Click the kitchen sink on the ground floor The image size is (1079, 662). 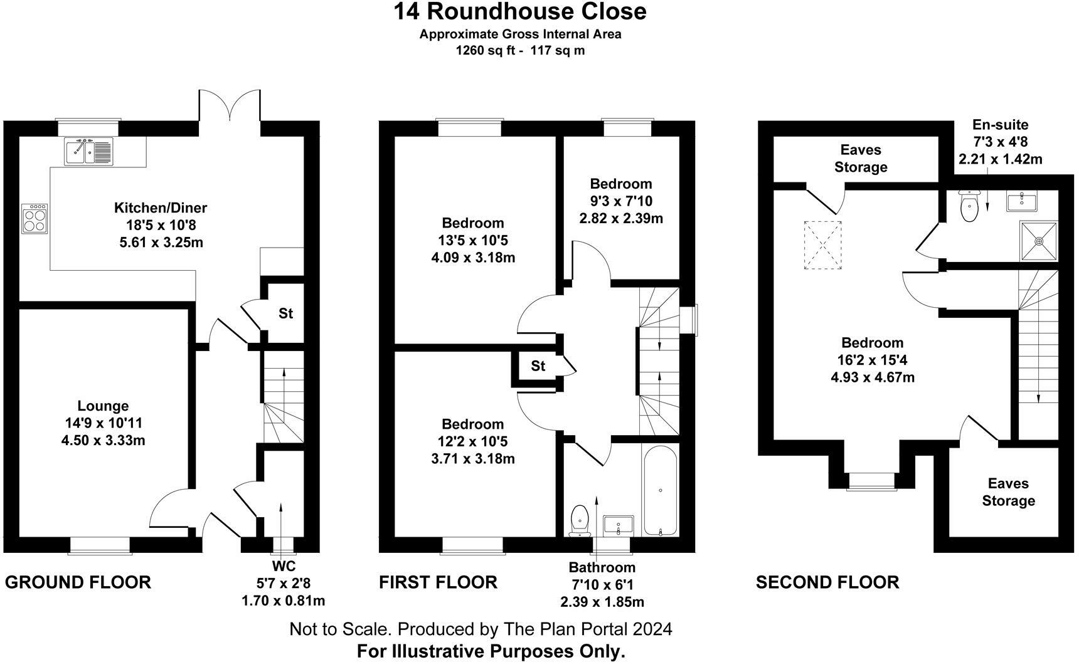pyautogui.click(x=88, y=151)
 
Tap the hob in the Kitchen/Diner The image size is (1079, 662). pyautogui.click(x=35, y=218)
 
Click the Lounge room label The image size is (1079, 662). pyautogui.click(x=103, y=406)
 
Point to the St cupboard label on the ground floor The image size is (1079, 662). pyautogui.click(x=285, y=313)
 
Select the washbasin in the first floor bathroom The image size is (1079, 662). pyautogui.click(x=619, y=525)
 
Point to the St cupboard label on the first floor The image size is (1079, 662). pyautogui.click(x=538, y=366)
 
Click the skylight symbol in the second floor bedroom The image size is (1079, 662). pyautogui.click(x=823, y=245)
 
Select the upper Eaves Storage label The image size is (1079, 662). pyautogui.click(x=861, y=159)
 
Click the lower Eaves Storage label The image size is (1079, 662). pyautogui.click(x=1008, y=492)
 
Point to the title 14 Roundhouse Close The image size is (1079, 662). pyautogui.click(x=520, y=11)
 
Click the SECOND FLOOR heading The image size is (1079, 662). pyautogui.click(x=827, y=582)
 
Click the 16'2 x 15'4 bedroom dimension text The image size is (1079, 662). pyautogui.click(x=872, y=360)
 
